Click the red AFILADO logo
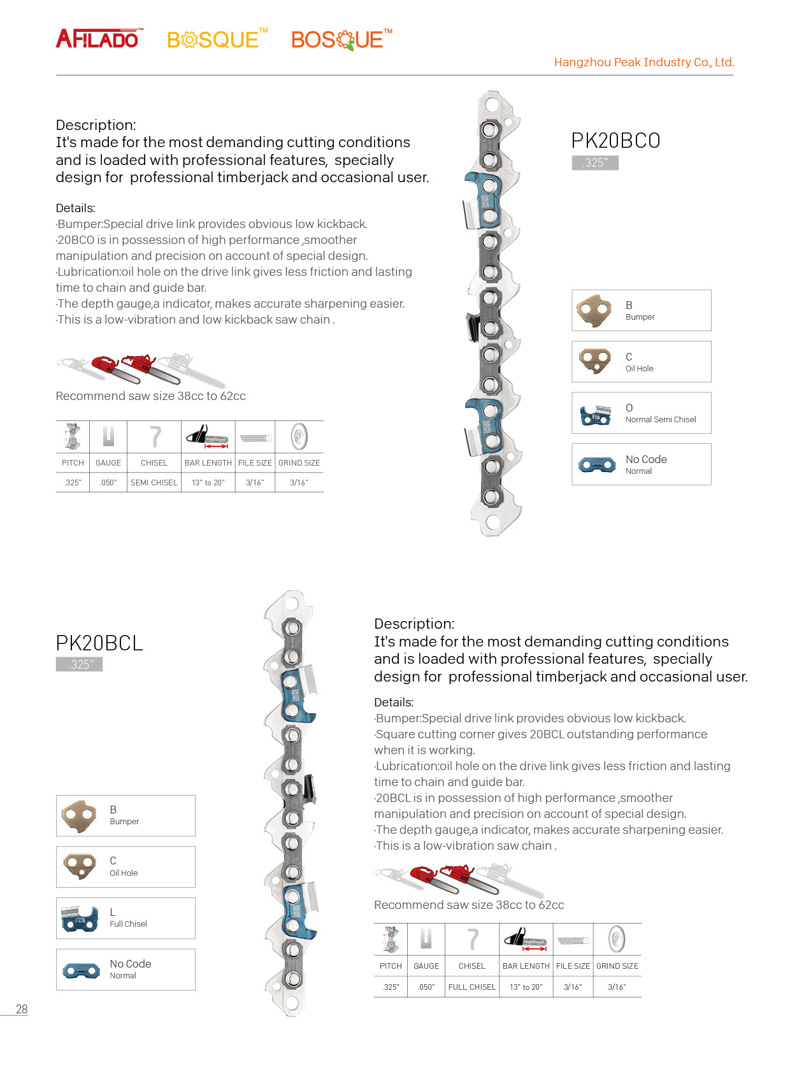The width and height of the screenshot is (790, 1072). tap(99, 39)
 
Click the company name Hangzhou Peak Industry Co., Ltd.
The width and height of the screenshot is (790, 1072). tap(643, 62)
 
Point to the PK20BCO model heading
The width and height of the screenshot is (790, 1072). tap(615, 141)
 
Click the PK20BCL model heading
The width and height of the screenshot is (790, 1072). tap(99, 643)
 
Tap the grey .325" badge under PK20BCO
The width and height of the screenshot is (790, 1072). tap(595, 162)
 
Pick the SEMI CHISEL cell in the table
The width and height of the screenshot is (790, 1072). tap(154, 483)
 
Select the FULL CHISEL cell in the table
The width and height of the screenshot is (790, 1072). tap(472, 987)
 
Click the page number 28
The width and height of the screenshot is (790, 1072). tap(22, 1010)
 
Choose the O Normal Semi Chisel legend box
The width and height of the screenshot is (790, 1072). tap(641, 413)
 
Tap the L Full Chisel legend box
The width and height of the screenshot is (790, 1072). tap(126, 918)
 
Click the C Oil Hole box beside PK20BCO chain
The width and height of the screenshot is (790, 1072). tap(641, 362)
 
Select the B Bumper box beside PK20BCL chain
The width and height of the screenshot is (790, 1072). tap(126, 816)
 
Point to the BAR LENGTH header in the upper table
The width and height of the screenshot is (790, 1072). tap(208, 463)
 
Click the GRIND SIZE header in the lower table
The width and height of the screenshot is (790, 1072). tap(617, 966)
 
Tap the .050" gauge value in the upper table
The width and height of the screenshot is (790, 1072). tap(108, 483)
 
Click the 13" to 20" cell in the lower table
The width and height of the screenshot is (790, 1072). tap(526, 987)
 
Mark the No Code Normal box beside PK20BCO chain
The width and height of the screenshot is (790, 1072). tap(641, 464)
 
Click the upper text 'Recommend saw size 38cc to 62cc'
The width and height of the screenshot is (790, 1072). tap(151, 396)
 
